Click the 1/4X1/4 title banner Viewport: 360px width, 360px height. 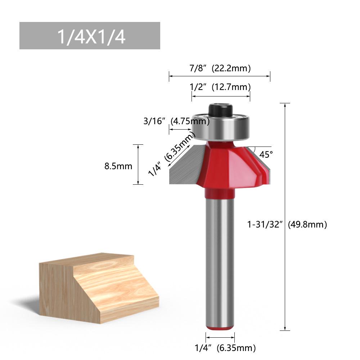pos(89,36)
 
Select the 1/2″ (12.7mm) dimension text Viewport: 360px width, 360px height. pos(220,87)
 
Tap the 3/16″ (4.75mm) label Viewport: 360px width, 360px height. pos(176,121)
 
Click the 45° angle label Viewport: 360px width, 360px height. pos(266,154)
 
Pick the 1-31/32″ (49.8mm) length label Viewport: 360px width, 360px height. pos(287,225)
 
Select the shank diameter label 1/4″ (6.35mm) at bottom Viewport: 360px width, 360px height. pos(225,348)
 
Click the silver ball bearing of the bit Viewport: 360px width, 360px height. pos(220,128)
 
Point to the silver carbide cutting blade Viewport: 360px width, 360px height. pos(185,166)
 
